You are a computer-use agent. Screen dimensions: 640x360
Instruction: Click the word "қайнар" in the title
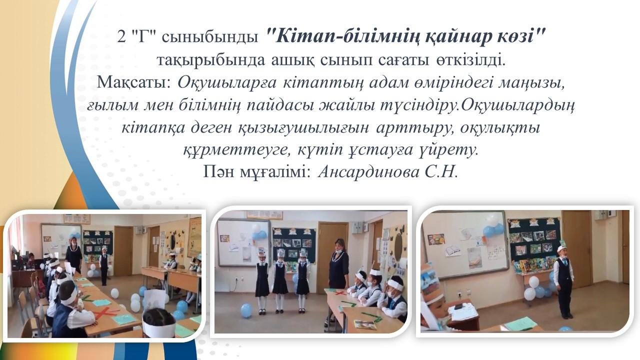[462, 37]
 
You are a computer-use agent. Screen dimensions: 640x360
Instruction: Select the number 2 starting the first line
[121, 37]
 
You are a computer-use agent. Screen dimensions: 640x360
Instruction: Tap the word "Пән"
[218, 172]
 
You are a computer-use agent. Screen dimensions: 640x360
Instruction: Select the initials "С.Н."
[441, 171]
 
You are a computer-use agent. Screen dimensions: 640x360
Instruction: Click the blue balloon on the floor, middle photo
[246, 310]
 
